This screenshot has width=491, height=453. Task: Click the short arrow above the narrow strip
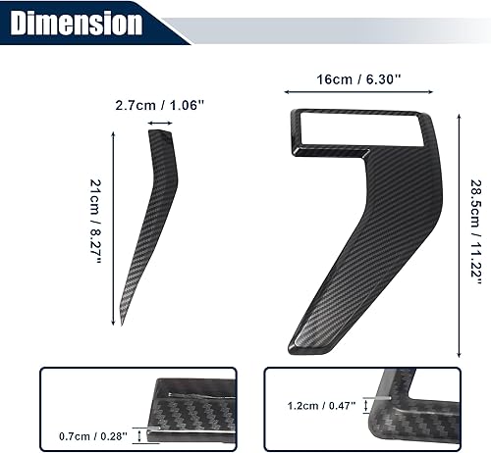click(159, 123)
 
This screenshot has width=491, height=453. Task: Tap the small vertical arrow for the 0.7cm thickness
click(139, 434)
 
